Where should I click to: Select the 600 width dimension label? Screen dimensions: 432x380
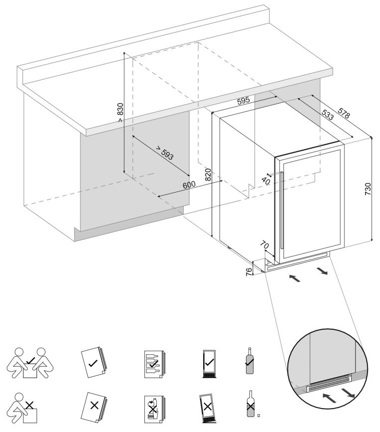[190, 184]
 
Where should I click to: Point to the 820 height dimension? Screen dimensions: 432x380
[208, 174]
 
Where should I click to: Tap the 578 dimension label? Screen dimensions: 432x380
[344, 113]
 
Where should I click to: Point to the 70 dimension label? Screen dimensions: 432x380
[264, 246]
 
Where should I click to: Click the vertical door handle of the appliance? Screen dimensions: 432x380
[282, 210]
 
